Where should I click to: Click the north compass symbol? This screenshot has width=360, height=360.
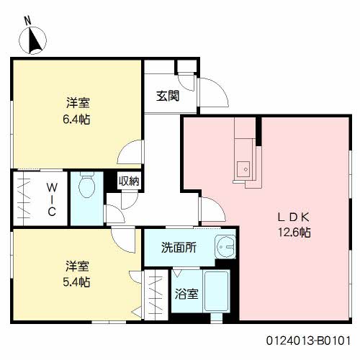(32, 40)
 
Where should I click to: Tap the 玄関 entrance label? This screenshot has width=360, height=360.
(168, 96)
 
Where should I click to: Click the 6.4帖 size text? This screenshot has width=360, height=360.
(76, 120)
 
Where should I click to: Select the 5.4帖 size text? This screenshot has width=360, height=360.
(76, 282)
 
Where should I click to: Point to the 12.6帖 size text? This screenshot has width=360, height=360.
(294, 233)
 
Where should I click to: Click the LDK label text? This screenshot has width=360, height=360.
(294, 217)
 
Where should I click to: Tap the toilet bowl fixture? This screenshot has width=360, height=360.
(86, 185)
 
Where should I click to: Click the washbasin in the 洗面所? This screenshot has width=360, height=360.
(225, 247)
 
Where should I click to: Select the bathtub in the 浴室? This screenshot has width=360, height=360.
(216, 291)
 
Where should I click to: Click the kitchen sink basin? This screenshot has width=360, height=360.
(243, 169)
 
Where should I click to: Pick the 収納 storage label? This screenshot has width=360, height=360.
(129, 181)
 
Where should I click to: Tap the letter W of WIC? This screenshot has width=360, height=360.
(52, 187)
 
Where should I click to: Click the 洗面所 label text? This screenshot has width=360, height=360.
(179, 248)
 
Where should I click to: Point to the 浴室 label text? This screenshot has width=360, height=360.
(186, 294)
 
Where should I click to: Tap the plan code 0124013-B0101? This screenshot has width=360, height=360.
(308, 341)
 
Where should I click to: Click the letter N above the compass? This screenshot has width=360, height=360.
(28, 21)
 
